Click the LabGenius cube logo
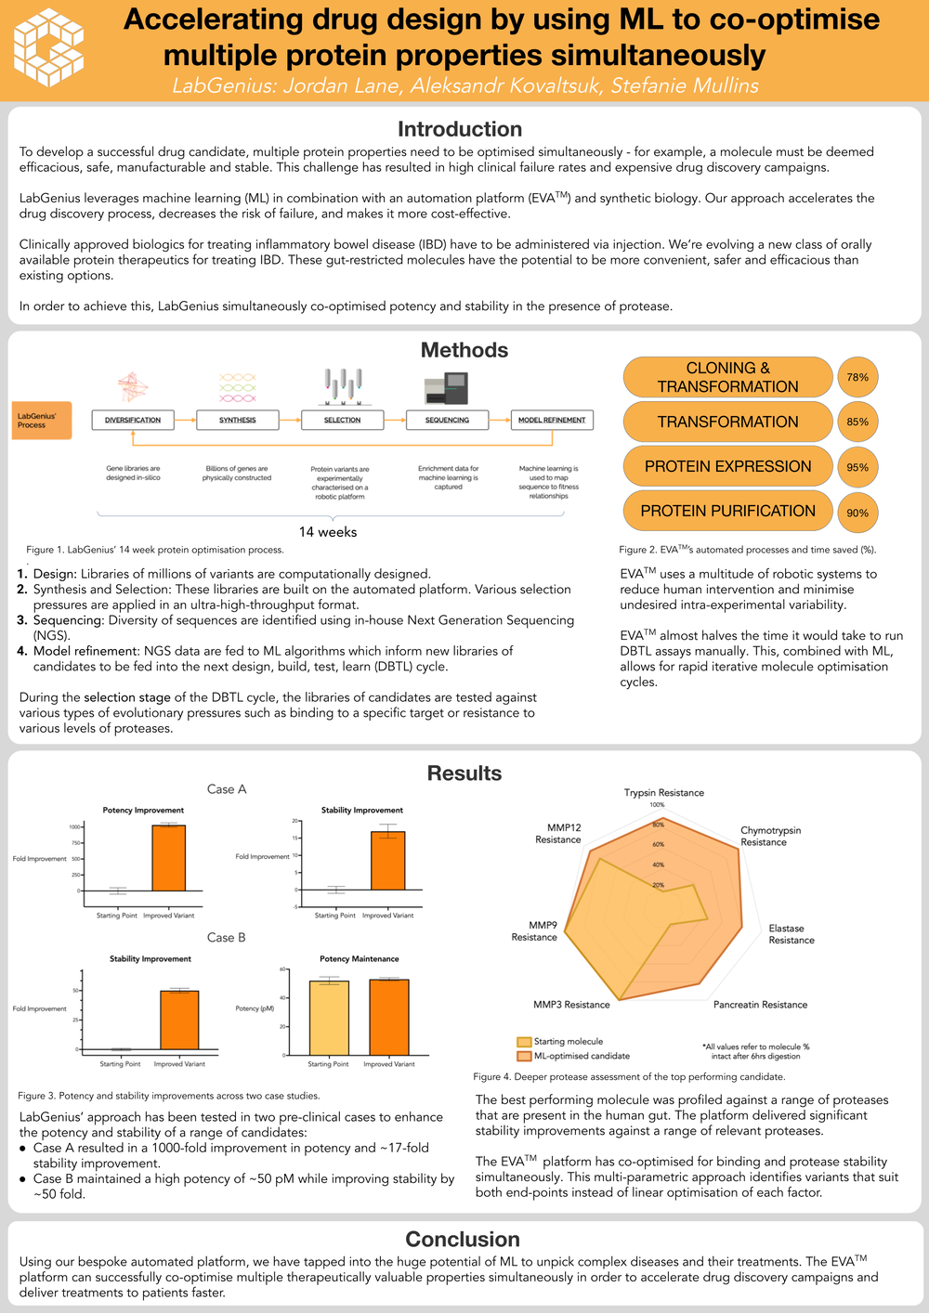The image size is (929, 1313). [49, 48]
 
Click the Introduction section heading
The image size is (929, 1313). [460, 129]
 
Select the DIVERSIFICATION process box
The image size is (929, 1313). [133, 420]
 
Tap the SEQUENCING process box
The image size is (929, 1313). [447, 420]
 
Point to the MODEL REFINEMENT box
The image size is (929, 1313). [552, 420]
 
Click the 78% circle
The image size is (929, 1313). [857, 377]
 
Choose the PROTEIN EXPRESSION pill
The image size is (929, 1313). [727, 466]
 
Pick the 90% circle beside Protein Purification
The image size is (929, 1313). [857, 513]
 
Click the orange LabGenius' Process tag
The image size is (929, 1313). [42, 420]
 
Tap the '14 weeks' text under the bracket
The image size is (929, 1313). [327, 532]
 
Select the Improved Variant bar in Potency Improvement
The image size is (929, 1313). [168, 858]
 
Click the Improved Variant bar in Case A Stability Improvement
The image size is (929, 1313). [387, 861]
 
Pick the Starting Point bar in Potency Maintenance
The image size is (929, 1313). [329, 1018]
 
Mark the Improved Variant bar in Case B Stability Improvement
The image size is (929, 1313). [179, 1020]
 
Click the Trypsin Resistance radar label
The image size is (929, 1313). [663, 793]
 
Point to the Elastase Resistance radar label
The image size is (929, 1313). [791, 934]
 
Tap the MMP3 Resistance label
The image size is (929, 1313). [571, 1005]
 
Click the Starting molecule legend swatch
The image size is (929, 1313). [524, 1042]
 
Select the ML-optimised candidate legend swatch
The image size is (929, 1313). [524, 1056]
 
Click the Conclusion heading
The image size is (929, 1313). [463, 1240]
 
